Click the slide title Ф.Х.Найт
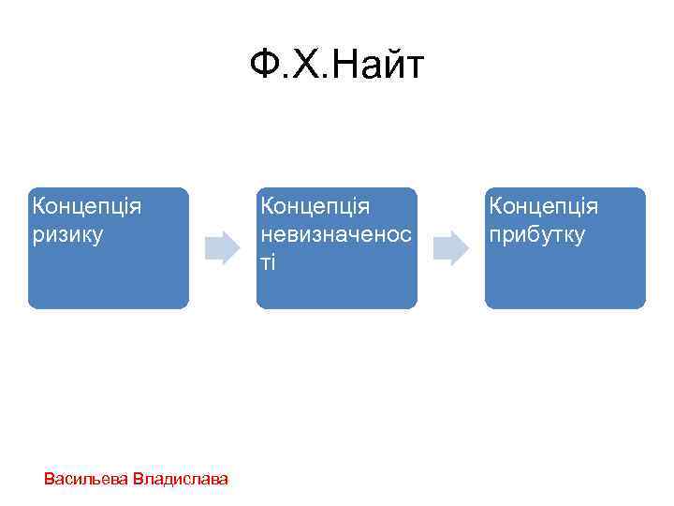(x=337, y=67)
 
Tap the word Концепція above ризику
(x=86, y=205)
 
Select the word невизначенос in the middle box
(x=336, y=234)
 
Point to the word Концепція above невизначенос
(x=315, y=205)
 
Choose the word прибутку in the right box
(x=535, y=234)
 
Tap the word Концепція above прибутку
(x=543, y=205)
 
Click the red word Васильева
(x=86, y=479)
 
